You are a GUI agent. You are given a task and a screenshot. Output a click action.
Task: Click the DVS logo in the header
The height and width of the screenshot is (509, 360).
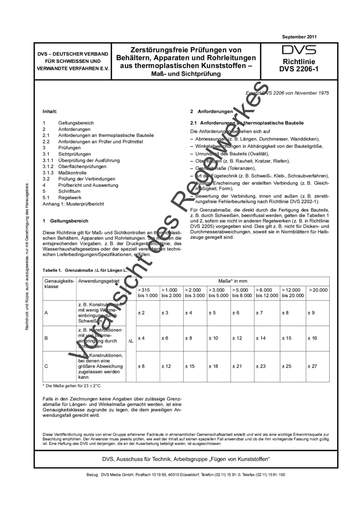pos(299,50)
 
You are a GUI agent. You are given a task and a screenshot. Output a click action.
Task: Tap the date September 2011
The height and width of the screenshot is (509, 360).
pos(299,37)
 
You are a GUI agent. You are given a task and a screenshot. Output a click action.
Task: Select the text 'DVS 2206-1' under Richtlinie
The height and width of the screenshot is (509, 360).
pos(299,69)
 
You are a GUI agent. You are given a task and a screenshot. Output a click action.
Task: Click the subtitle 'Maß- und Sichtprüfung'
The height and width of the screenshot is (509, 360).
pos(186,74)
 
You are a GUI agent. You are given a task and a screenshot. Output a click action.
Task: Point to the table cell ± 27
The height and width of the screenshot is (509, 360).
pos(312,366)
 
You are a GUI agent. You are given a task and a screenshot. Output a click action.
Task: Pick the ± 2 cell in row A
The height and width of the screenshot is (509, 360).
pos(141,313)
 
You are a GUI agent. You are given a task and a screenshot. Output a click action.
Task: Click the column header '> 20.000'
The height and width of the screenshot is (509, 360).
pos(318,290)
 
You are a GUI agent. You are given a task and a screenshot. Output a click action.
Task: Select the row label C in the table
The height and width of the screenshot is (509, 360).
pos(46,366)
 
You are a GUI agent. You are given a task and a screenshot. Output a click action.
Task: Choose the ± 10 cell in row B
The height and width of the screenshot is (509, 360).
pos(213,338)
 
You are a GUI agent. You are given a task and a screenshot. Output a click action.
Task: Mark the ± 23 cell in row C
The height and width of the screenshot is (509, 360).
pos(261,366)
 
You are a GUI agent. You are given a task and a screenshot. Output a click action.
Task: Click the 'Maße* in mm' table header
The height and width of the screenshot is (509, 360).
pos(233,281)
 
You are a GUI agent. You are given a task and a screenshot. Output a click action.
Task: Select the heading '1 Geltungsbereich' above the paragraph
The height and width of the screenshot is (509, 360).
pos(65,221)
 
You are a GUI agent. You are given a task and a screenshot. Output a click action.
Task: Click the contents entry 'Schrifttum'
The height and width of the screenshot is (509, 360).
pos(69,191)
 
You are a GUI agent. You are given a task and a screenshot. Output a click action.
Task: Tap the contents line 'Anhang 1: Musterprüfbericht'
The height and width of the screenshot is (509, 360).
pos(73,204)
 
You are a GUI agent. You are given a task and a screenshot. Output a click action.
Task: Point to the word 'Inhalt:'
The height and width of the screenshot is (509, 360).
pos(50,112)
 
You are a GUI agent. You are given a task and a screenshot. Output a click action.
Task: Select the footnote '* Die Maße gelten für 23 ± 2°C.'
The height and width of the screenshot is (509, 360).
pos(72,386)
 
